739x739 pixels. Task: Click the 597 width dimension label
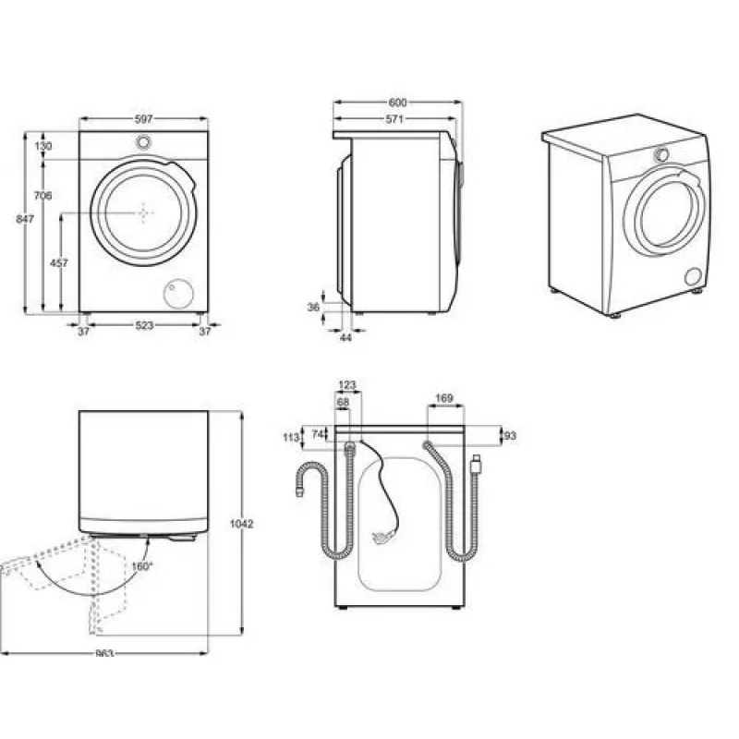[x=144, y=119]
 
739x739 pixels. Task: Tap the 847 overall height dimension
[x=25, y=219]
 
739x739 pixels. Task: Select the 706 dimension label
[x=42, y=195]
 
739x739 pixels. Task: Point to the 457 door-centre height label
[x=59, y=263]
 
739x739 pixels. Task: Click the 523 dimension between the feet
[x=144, y=325]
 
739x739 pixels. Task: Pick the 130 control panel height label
[x=42, y=146]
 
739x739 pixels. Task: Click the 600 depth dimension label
[x=397, y=103]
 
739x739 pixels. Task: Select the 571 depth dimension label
[x=394, y=119]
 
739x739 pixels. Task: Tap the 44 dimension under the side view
[x=345, y=337]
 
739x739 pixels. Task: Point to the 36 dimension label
[x=313, y=308]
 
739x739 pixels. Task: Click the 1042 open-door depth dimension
[x=241, y=524]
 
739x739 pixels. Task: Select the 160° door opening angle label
[x=142, y=566]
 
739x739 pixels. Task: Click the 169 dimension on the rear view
[x=444, y=398]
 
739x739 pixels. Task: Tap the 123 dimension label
[x=347, y=385]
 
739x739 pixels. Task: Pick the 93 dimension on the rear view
[x=510, y=436]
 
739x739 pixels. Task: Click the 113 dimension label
[x=291, y=437]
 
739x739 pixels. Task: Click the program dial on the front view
[x=144, y=141]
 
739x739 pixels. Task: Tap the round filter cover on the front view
[x=178, y=294]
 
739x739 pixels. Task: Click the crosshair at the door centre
[x=144, y=213]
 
